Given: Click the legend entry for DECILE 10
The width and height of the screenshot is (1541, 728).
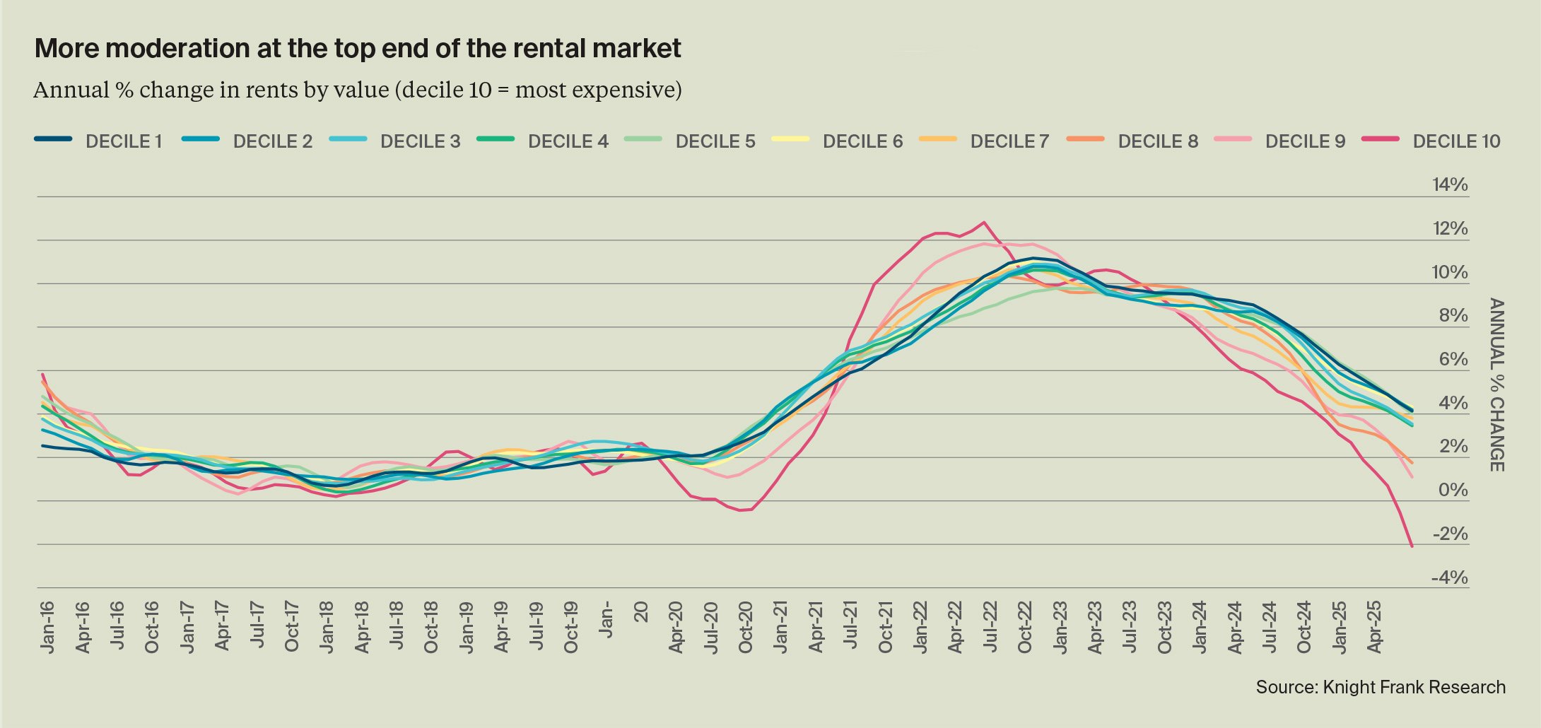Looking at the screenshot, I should [x=1455, y=141].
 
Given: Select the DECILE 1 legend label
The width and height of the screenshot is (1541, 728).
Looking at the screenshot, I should [x=124, y=141].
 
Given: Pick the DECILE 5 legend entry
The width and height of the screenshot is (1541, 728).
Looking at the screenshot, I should [x=715, y=141].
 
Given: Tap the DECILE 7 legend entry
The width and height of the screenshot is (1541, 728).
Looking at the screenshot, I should [x=1009, y=141].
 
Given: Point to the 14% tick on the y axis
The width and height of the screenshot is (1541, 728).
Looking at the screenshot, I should [x=1450, y=185].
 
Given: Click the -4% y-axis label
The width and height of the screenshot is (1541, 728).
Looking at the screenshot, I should [x=1449, y=578].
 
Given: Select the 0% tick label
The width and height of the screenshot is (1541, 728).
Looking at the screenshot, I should [x=1453, y=491].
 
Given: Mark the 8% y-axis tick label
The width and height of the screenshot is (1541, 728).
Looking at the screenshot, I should [x=1453, y=316].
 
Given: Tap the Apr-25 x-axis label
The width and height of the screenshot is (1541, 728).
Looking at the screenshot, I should [x=1375, y=627].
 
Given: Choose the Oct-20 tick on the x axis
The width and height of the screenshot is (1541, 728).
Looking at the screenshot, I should [x=746, y=627].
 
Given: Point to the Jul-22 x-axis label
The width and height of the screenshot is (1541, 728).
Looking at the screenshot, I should [x=990, y=627].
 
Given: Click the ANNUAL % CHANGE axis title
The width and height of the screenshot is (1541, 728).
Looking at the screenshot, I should [x=1496, y=384].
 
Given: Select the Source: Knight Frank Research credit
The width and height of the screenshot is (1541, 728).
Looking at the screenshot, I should [x=1380, y=687].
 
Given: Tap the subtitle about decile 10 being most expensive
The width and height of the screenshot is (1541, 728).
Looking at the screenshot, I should [x=357, y=90].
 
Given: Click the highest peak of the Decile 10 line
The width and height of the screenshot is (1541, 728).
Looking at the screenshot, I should [x=983, y=223].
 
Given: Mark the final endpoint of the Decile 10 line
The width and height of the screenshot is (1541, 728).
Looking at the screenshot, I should [x=1412, y=546].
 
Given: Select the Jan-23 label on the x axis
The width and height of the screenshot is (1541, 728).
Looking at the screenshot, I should [x=1060, y=627].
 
